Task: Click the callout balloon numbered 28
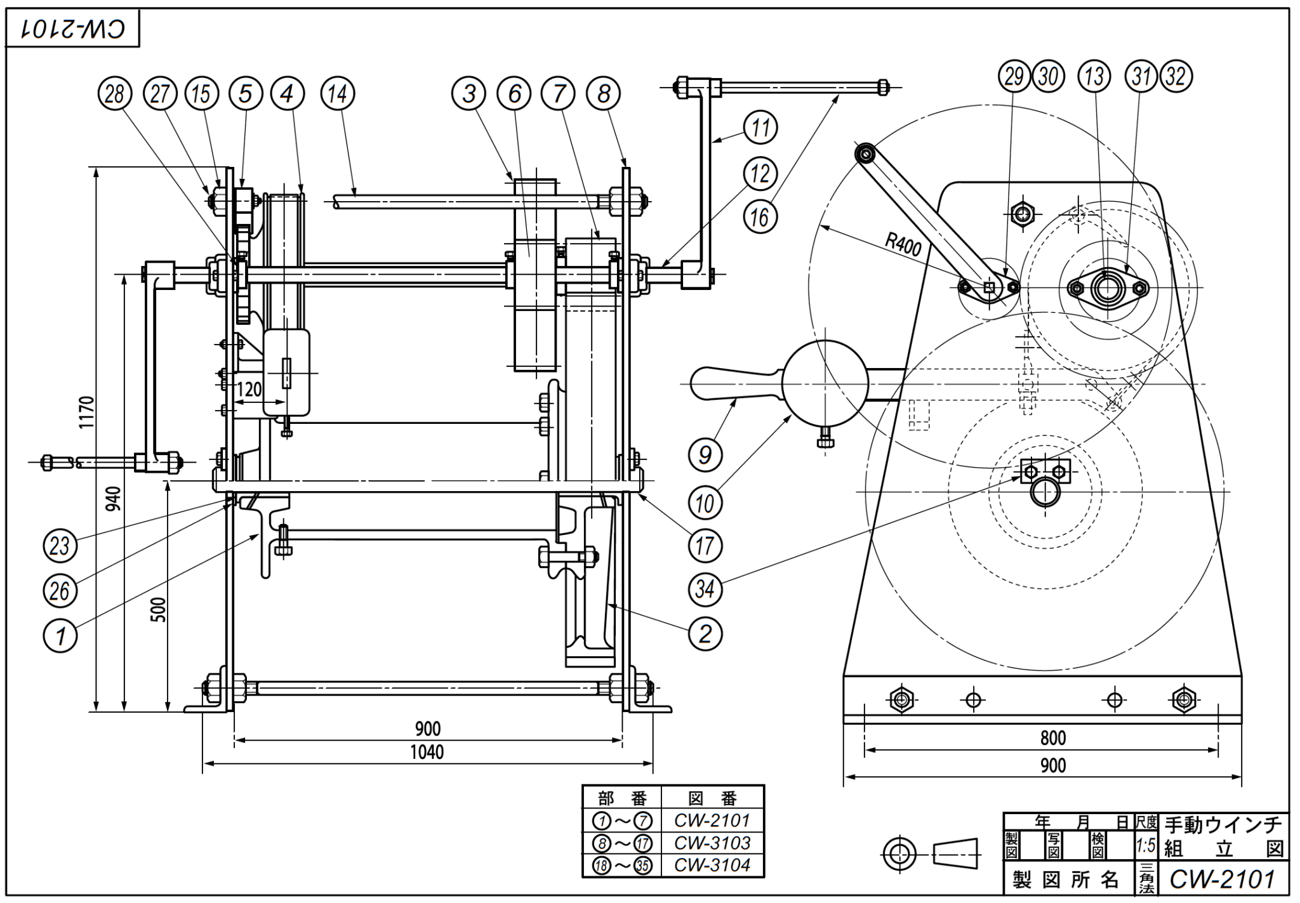[114, 94]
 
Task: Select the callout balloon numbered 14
[338, 94]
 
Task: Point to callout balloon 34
[705, 589]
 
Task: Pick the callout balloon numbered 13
[1094, 77]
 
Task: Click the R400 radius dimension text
[903, 244]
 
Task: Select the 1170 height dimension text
[87, 412]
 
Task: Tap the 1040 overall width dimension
[427, 753]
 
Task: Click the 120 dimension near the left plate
[249, 389]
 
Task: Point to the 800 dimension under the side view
[1052, 738]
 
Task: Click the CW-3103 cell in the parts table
[712, 843]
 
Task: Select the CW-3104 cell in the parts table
[712, 865]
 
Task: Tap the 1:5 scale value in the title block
[1145, 845]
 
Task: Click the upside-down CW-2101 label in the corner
[72, 29]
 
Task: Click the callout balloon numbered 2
[705, 633]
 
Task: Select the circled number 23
[60, 546]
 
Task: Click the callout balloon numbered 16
[760, 217]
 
